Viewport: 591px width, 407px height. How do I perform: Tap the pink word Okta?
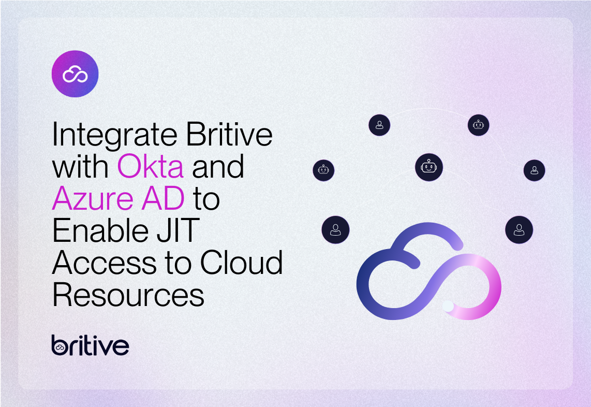coord(150,167)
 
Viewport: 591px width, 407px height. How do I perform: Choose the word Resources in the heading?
coord(128,295)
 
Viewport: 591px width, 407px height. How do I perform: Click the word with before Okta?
coord(80,167)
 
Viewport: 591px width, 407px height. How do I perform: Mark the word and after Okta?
coord(218,167)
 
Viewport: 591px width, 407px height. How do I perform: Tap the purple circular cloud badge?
coord(75,74)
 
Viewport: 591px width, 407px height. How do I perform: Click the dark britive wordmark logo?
coord(90,345)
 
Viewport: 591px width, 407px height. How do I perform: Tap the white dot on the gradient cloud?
coord(448,306)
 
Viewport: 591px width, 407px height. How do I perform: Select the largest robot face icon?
coord(429,167)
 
